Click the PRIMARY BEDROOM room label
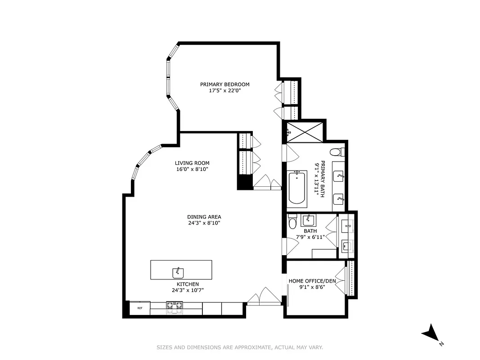224,84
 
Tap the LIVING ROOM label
192,163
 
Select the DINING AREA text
204,216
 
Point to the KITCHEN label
188,284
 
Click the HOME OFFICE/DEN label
312,280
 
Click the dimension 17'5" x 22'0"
224,90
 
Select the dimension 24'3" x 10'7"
188,290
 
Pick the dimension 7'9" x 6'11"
310,237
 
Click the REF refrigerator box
140,308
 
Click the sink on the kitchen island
178,272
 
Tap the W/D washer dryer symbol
347,225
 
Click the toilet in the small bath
292,222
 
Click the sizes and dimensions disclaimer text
239,347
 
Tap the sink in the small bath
309,220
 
